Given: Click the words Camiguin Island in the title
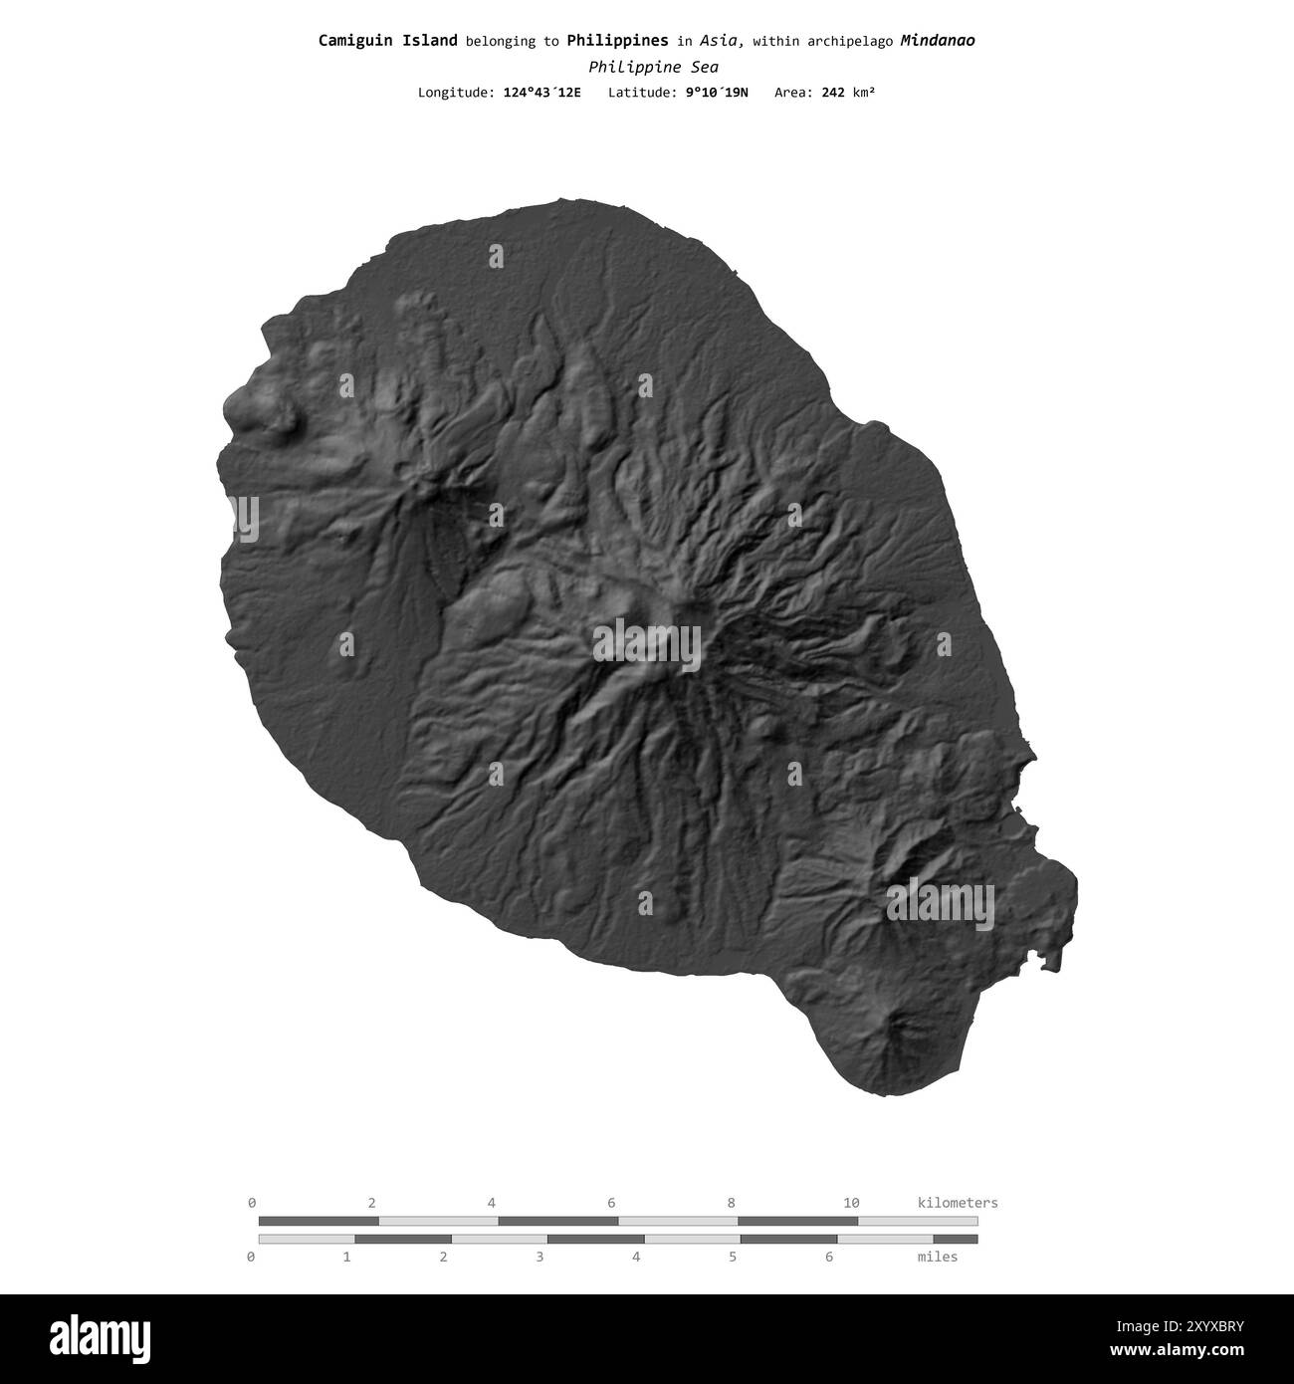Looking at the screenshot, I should click(387, 41).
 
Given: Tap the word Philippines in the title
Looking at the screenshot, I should click(617, 41).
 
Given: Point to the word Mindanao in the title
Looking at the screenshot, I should click(937, 41).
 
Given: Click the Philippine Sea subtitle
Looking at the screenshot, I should click(653, 67).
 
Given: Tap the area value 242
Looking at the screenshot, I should click(834, 93).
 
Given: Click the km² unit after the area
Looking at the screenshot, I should click(863, 93).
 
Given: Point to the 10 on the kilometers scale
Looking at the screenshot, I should click(851, 1203).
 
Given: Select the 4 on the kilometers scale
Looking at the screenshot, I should click(492, 1203).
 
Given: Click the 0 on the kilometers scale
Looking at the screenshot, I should click(252, 1203).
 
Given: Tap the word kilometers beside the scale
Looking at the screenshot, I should click(957, 1203).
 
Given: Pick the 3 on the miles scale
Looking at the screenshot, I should click(539, 1257).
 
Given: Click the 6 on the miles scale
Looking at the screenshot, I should click(829, 1257).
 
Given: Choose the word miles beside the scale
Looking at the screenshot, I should click(937, 1257).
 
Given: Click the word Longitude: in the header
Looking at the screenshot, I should click(453, 93).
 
